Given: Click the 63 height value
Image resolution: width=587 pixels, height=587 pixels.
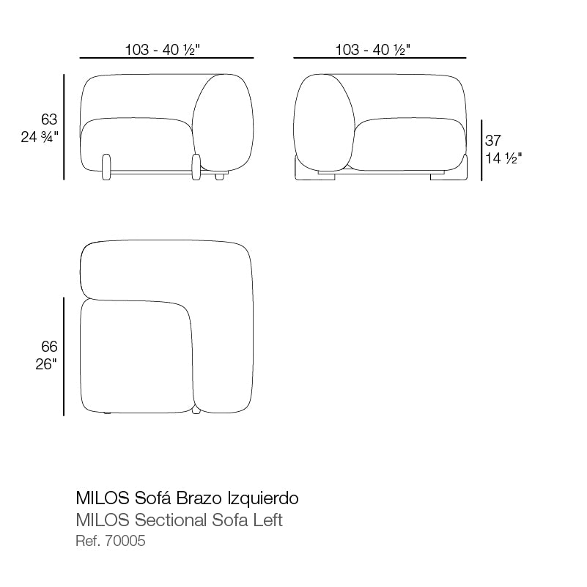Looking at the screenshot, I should coord(49,119).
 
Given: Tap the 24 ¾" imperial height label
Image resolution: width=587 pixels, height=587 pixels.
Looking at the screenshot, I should coord(39,136).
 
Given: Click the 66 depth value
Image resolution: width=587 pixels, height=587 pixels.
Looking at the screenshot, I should coord(49,347).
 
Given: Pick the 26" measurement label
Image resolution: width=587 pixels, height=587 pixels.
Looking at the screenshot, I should coord(45,364).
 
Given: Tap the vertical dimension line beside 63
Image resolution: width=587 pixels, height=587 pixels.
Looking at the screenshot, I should coord(64,126).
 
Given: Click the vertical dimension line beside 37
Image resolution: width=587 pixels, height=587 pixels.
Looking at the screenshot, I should coord(481,150).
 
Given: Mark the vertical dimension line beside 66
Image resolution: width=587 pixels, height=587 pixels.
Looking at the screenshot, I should coord(64,356).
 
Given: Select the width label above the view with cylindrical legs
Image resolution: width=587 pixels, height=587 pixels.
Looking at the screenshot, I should coord(163,50).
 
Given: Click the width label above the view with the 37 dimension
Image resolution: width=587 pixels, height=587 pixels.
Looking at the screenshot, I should coord(373,50).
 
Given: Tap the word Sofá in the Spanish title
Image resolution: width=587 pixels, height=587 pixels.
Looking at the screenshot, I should coord(152,498).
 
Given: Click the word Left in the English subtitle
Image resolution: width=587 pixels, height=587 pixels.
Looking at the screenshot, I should coord(267,521).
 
